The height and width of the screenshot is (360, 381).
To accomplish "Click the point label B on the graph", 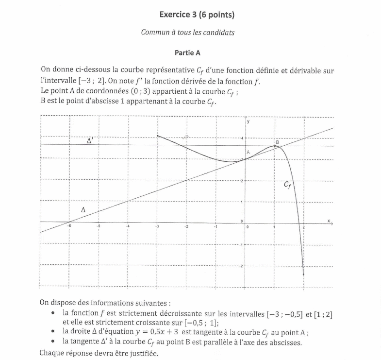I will click(x=277, y=142).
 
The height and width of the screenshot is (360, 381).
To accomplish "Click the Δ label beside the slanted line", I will click(x=83, y=209).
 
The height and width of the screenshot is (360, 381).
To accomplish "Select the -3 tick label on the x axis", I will click(x=157, y=226).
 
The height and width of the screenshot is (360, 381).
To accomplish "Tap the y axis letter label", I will click(x=248, y=121).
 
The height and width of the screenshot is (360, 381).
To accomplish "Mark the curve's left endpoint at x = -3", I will click(x=158, y=136).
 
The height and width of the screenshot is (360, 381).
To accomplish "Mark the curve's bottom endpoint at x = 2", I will click(x=303, y=274).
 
